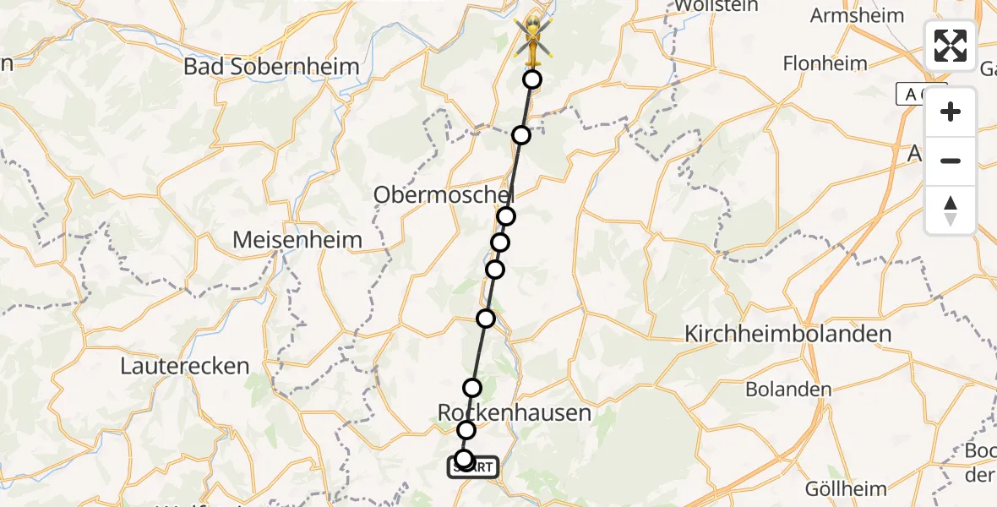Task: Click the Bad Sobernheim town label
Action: coord(271,67)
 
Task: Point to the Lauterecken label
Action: coord(185,366)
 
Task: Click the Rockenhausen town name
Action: coord(515,412)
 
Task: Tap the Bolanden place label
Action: coord(788,390)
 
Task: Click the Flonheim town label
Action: coord(825,63)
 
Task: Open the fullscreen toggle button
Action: coord(951,46)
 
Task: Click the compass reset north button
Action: coord(951,210)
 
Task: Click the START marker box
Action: coord(473,467)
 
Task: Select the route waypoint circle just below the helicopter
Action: coord(532,79)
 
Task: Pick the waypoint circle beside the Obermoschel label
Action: coord(506,216)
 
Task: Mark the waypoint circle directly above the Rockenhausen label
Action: coord(472,388)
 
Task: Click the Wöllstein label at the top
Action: coord(709,6)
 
